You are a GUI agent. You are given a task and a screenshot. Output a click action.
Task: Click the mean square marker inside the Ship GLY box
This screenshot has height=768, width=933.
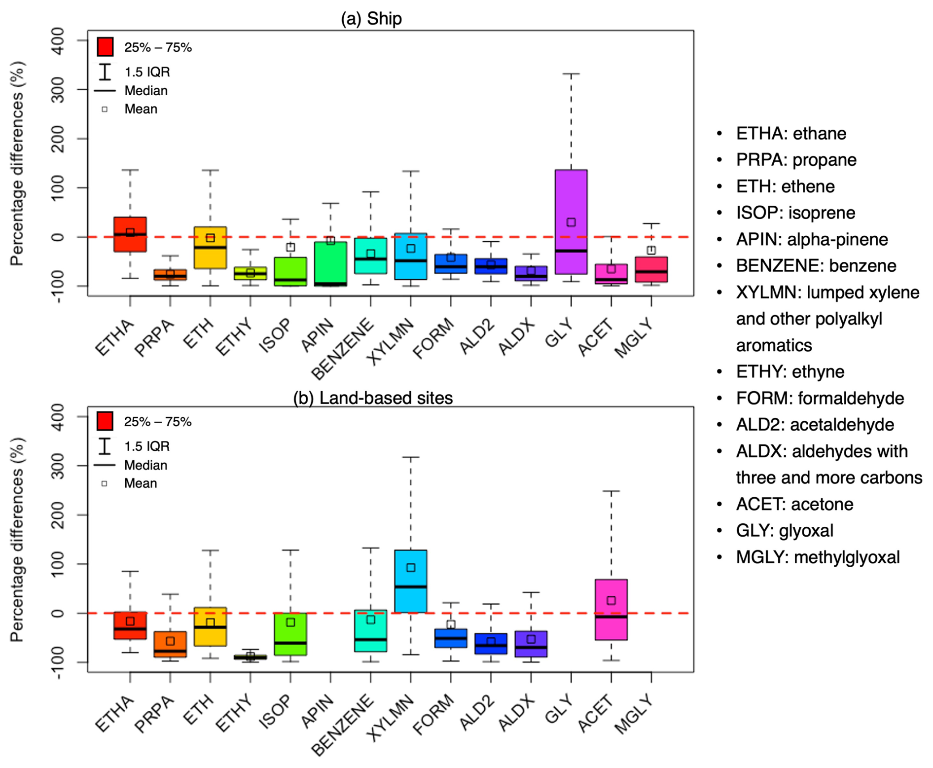pyautogui.click(x=571, y=222)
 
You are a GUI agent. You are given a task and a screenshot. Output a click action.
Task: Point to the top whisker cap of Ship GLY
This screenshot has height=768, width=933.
pyautogui.click(x=571, y=74)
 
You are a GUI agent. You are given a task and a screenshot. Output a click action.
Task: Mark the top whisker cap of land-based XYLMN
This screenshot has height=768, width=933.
pyautogui.click(x=410, y=457)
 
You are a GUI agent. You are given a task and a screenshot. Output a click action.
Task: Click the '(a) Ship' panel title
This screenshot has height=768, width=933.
pyautogui.click(x=371, y=19)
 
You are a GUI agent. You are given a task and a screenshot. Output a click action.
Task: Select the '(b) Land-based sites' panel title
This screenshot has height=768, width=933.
pyautogui.click(x=373, y=398)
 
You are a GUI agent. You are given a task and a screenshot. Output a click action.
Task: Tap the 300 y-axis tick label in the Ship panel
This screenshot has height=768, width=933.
pyautogui.click(x=59, y=89)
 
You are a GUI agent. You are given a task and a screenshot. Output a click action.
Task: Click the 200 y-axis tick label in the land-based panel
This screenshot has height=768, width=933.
pyautogui.click(x=59, y=515)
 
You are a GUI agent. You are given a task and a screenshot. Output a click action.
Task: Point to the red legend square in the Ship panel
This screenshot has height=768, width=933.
pyautogui.click(x=105, y=47)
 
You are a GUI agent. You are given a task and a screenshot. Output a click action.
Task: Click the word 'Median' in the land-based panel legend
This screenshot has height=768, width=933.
pyautogui.click(x=145, y=465)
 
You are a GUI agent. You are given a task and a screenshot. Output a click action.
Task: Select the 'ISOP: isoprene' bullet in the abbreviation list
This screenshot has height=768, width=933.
pyautogui.click(x=795, y=213)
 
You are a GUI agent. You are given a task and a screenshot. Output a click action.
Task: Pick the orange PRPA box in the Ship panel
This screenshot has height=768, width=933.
pyautogui.click(x=170, y=275)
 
